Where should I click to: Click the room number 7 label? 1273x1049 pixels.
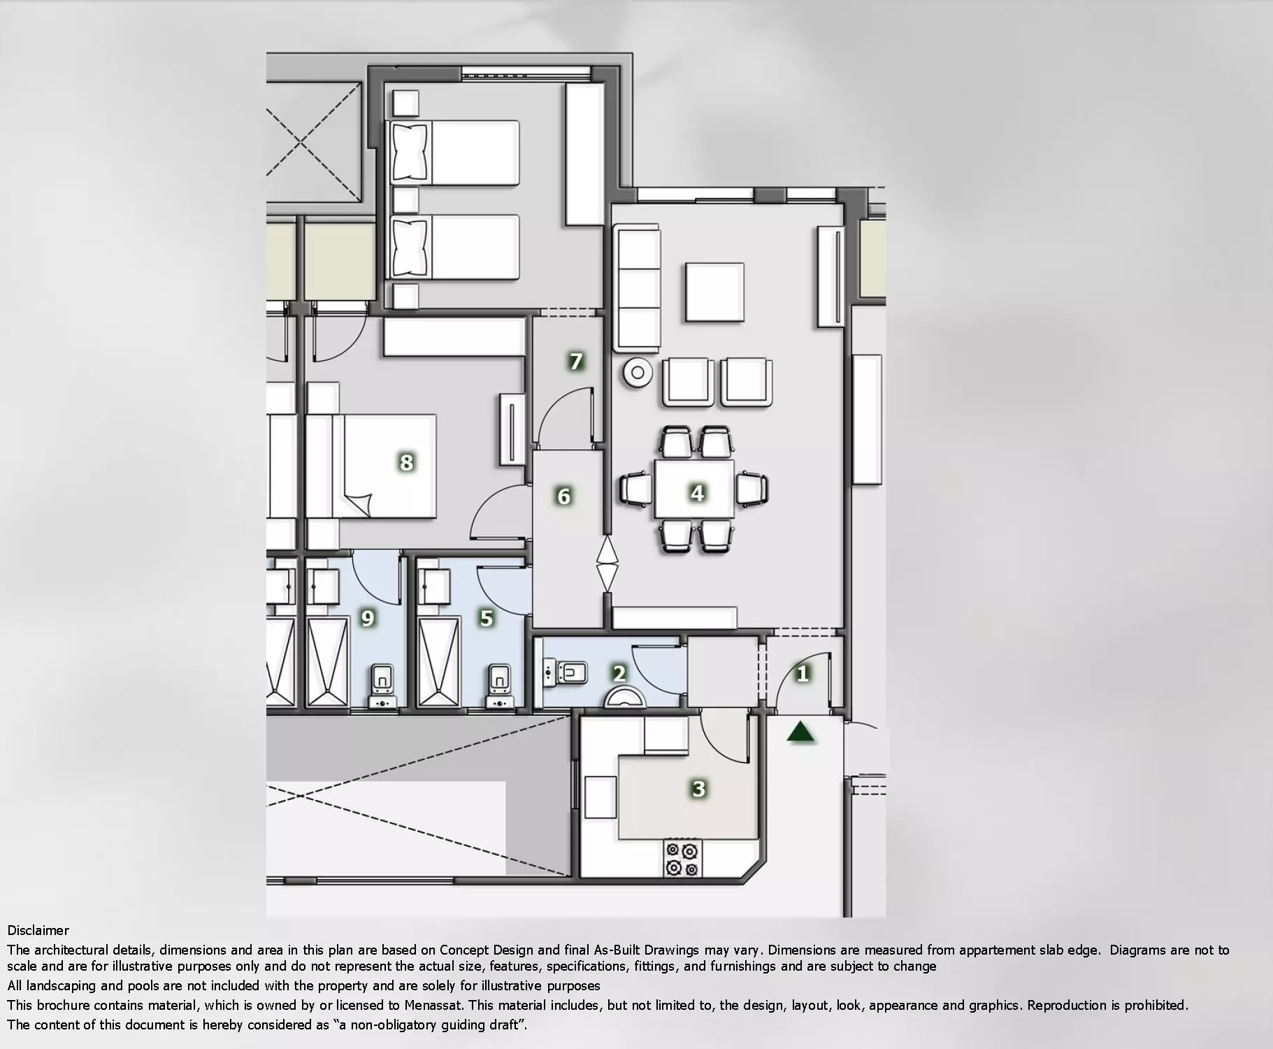(575, 362)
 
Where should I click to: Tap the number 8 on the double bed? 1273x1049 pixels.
(406, 462)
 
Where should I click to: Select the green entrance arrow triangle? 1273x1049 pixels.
(801, 733)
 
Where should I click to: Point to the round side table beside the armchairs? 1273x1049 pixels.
(637, 373)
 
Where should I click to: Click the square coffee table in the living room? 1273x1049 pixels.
(714, 292)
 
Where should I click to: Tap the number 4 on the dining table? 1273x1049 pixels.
(696, 493)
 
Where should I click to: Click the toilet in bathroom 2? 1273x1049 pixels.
(568, 673)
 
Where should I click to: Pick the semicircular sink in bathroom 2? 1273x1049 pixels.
(624, 698)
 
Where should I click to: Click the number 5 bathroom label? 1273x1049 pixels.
(487, 618)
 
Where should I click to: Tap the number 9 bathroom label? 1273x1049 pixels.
(368, 618)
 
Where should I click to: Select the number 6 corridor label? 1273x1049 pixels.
(563, 497)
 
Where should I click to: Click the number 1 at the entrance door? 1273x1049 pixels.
(803, 673)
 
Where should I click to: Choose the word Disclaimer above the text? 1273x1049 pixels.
(38, 930)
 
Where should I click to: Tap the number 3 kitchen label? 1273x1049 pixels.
(698, 789)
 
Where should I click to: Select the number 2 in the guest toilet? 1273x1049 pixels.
(619, 673)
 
